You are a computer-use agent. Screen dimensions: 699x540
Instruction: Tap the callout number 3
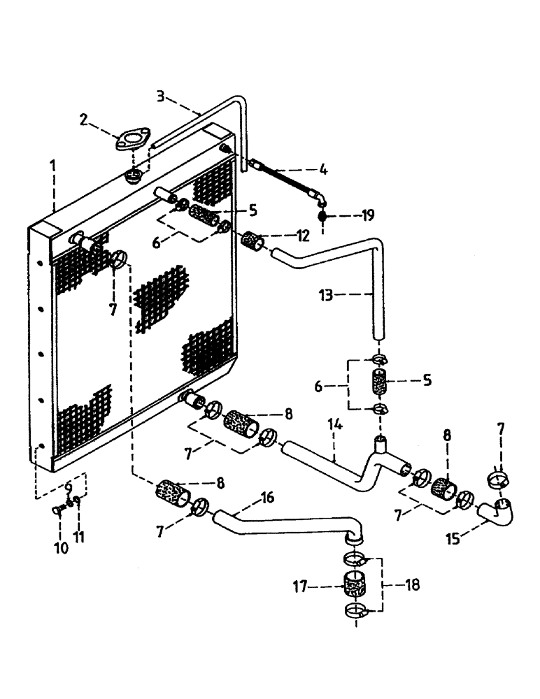point(160,96)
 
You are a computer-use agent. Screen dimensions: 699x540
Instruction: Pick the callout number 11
point(81,537)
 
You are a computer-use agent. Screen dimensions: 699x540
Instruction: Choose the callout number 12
point(302,236)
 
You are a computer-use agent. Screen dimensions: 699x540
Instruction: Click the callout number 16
point(267,498)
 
